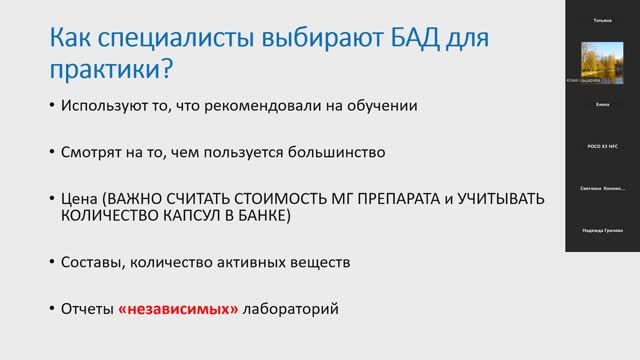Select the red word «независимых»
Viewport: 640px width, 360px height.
point(178,309)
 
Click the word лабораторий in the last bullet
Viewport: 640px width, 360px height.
point(291,309)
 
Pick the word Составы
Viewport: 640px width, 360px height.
point(92,262)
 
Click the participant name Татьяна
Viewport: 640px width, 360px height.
point(602,20)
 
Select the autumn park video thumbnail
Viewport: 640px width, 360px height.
point(602,62)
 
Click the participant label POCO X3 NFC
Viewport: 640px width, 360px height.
point(602,146)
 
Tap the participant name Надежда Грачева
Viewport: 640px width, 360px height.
point(602,230)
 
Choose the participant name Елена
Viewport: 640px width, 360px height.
point(602,104)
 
